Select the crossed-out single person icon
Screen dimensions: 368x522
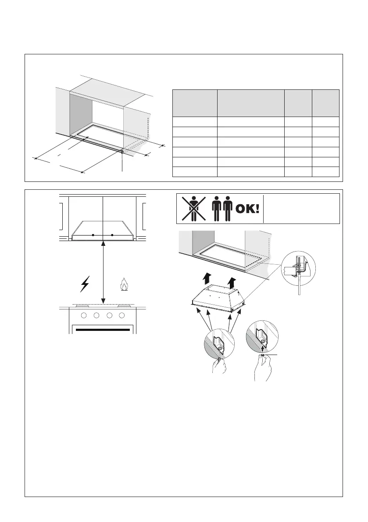point(192,209)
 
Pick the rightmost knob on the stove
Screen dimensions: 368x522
point(122,316)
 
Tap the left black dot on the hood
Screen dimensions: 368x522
point(93,235)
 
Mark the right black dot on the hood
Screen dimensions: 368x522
point(112,235)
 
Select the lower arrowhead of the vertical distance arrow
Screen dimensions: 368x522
point(103,301)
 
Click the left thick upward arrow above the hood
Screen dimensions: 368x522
point(206,277)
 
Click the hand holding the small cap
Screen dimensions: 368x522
point(264,368)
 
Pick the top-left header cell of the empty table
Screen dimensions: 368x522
point(195,103)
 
